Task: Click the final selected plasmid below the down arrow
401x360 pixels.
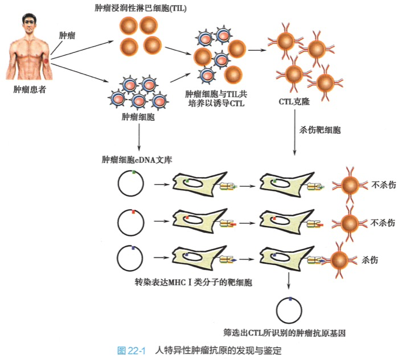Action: [x=289, y=310]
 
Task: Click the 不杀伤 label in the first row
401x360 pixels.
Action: [x=383, y=185]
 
